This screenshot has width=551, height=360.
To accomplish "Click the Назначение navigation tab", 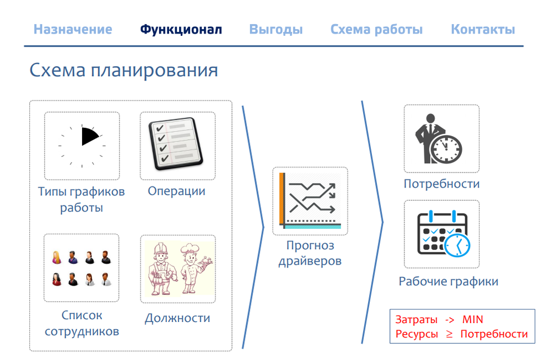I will (x=73, y=29).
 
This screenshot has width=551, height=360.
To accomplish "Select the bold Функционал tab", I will (x=181, y=29).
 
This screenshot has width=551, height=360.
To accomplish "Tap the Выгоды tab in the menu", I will (x=276, y=29).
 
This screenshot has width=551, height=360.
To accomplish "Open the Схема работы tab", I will (x=376, y=29).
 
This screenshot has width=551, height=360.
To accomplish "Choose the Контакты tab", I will (x=483, y=29).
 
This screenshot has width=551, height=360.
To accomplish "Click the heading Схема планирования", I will (x=123, y=71).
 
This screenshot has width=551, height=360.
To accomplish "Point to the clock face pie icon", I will (x=82, y=146).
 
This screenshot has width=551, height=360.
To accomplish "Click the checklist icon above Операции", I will (x=177, y=146).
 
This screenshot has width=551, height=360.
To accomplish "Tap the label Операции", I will (x=176, y=191).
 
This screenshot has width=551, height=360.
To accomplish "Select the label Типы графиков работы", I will (x=82, y=200).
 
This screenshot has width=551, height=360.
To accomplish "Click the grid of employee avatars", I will (x=82, y=268).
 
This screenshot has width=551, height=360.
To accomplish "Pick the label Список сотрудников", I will (x=82, y=324).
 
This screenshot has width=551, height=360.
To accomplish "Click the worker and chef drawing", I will (x=178, y=268).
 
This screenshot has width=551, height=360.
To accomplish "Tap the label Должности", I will (x=177, y=318).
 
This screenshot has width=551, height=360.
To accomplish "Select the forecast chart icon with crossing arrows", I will (x=310, y=201).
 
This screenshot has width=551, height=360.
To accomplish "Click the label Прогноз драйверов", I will (x=310, y=253).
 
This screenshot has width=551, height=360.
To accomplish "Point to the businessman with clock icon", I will (x=441, y=139).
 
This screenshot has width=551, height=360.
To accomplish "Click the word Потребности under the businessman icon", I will (x=441, y=184).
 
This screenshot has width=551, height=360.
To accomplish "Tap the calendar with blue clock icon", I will (x=442, y=234).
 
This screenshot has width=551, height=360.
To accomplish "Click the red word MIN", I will (x=473, y=320).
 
